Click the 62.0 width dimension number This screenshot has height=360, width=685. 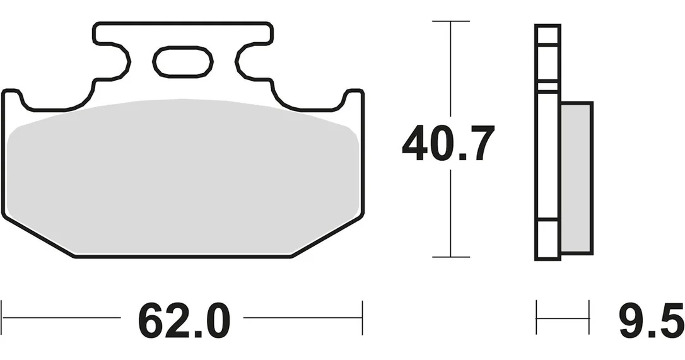click(x=184, y=320)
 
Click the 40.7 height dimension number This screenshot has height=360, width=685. click(x=448, y=143)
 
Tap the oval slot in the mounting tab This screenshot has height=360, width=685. click(x=183, y=62)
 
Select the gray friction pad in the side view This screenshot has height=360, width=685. click(x=577, y=178)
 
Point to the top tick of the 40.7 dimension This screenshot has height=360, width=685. click(x=450, y=21)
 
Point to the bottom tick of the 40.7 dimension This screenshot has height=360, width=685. click(x=450, y=257)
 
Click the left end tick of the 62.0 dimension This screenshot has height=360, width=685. click(x=2, y=318)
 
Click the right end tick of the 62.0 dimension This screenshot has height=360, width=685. click(x=362, y=318)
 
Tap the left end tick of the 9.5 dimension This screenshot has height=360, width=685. click(x=537, y=318)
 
